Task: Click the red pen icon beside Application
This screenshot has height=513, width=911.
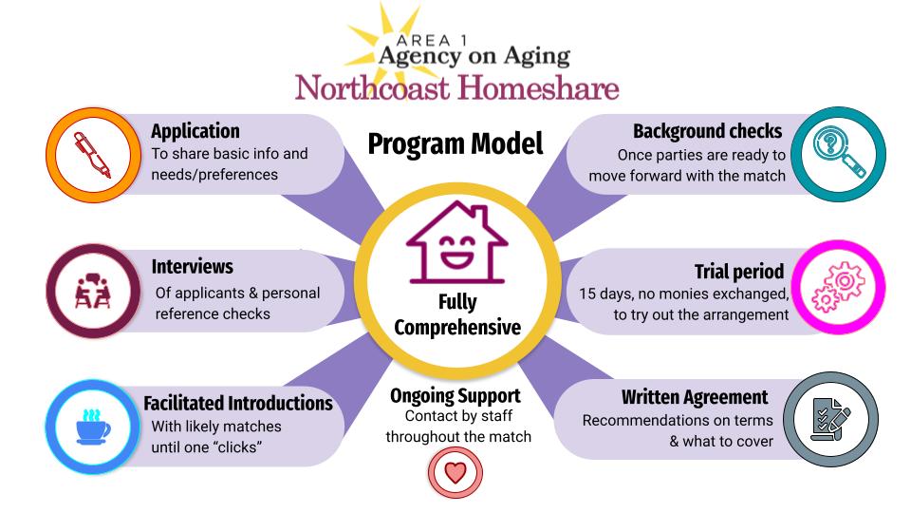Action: click(92, 155)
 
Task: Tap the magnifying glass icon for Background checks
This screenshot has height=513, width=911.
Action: click(839, 153)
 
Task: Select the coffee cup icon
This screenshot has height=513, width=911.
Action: click(93, 427)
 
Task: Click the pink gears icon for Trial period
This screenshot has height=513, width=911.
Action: click(838, 287)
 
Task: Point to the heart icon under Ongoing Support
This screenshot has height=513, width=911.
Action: click(455, 472)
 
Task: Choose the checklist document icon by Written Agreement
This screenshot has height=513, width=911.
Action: click(831, 419)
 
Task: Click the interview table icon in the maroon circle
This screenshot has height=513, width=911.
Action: click(92, 291)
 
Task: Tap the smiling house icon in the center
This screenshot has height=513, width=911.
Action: click(456, 242)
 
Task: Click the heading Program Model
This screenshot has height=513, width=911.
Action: click(455, 144)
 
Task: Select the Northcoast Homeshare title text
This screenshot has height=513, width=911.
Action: click(456, 88)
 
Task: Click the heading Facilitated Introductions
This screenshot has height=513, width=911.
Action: click(238, 403)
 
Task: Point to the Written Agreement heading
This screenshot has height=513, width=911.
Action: click(695, 397)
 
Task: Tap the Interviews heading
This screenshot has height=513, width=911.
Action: click(193, 266)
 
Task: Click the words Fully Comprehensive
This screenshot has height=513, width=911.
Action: click(457, 314)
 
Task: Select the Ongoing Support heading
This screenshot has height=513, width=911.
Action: click(455, 396)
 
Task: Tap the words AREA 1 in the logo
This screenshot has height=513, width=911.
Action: click(431, 41)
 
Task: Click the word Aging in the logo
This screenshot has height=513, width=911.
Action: click(536, 57)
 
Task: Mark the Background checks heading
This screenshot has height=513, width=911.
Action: click(708, 131)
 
